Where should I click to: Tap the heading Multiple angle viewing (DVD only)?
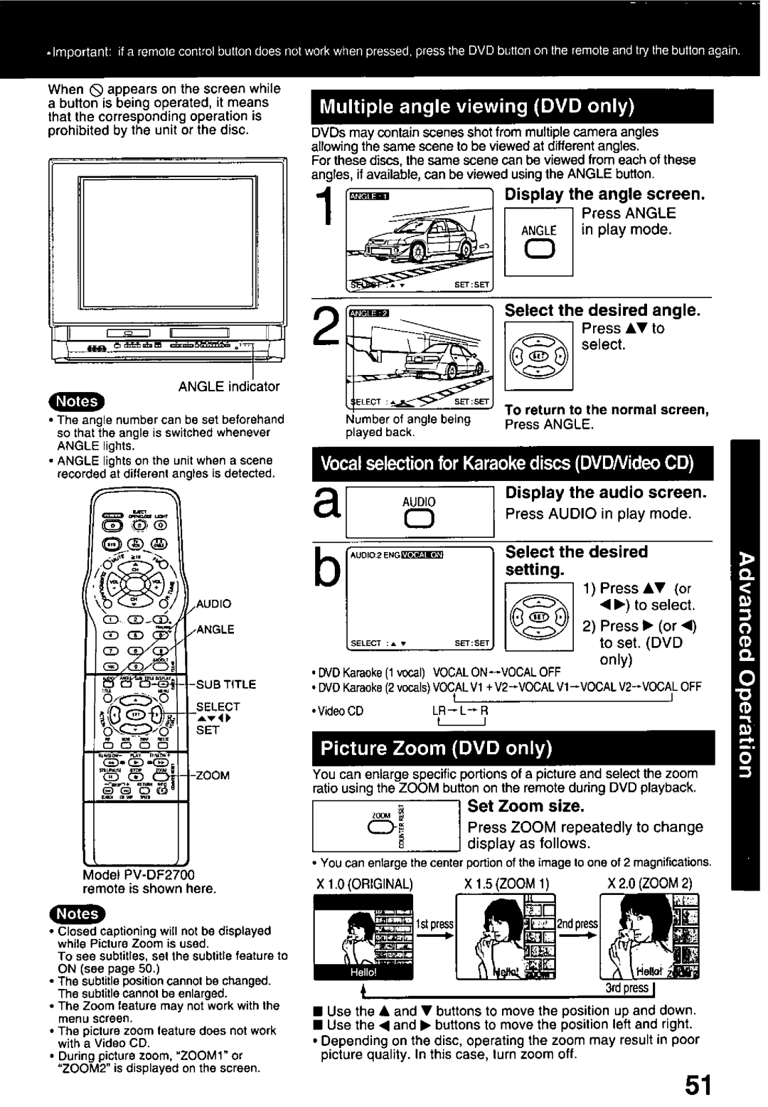coord(476,107)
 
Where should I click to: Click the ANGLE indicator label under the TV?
coord(229,386)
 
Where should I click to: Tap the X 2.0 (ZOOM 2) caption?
coord(650,882)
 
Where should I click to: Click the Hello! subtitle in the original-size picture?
coord(363,971)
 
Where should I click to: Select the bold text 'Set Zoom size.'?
coord(525,806)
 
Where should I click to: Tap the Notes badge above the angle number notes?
coord(77,401)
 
